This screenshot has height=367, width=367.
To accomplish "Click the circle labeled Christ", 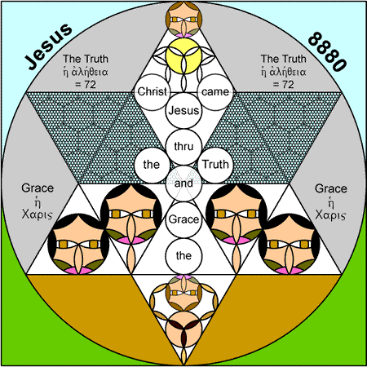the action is coord(152,92).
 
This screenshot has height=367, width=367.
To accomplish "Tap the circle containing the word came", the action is coord(215,92).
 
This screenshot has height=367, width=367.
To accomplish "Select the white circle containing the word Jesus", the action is coord(183,111).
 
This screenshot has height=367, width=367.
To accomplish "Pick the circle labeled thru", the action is coord(183,147).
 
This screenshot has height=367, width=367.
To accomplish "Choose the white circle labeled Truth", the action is coord(215,165).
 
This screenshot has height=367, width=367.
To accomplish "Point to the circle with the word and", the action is coord(183,183).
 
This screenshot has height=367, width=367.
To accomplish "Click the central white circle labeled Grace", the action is coord(183,219).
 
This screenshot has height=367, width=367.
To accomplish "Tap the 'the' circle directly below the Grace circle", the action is coord(183,256).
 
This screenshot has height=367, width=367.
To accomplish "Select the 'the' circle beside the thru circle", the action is coord(152,165).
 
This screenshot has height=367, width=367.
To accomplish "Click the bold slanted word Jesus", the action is coord(48,46).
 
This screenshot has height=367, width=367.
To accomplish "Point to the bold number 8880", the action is coord(327,51).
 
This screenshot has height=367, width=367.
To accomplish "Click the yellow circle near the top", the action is coord(183,56).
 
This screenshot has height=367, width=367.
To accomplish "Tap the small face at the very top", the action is coord(183,20).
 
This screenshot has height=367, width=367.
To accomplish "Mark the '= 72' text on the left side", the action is coord(86,85).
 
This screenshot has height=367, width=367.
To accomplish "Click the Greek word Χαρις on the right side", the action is coord(330,214).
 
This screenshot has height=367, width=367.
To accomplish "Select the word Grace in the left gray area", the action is coord(38,188).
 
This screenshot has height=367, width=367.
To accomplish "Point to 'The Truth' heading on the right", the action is coord(283,59).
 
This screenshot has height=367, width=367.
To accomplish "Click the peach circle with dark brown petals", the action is coord(183,329).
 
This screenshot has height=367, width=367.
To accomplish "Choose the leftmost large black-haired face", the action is coord(78,244).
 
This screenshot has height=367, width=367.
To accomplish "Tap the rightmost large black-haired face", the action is coord(289,244).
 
